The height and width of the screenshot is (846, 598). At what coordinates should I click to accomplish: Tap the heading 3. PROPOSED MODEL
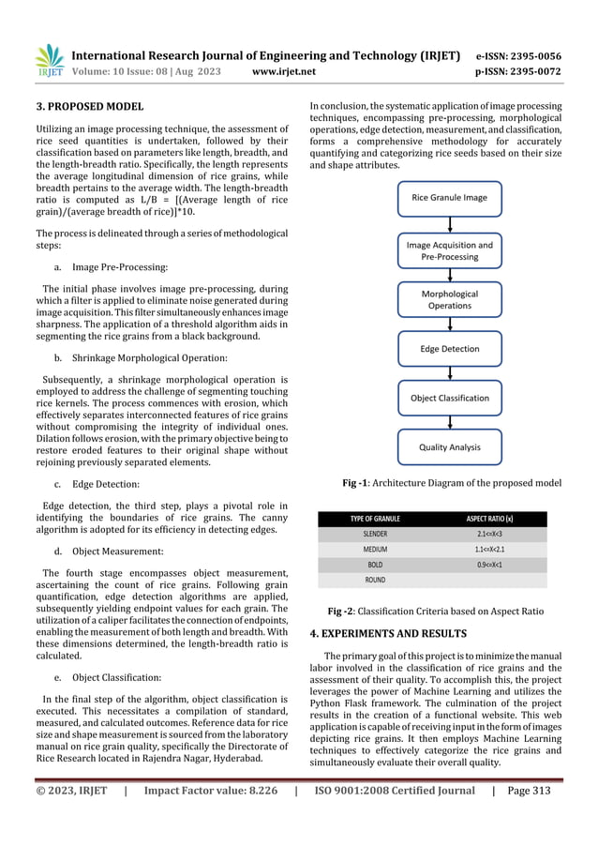pos(82,107)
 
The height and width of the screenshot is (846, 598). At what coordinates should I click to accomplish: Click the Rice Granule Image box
pos(449,198)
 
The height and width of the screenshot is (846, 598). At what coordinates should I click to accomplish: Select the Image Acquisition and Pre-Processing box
pos(449,250)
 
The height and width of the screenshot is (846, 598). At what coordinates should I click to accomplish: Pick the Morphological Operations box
pos(449,299)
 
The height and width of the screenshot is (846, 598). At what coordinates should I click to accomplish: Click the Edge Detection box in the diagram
pos(449,349)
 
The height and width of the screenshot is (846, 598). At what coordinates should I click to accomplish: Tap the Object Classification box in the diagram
pos(449,398)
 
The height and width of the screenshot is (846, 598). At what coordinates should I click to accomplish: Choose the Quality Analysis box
pos(449,447)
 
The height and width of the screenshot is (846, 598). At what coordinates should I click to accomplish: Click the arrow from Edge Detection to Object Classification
pos(449,373)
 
